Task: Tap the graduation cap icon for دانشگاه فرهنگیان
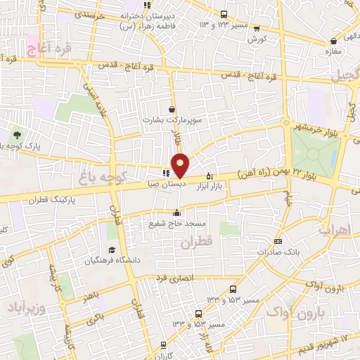pos(111,250)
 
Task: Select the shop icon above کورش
pos(257,29)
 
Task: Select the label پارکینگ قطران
pos(55,200)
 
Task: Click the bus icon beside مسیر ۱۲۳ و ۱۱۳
pos(224,14)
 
